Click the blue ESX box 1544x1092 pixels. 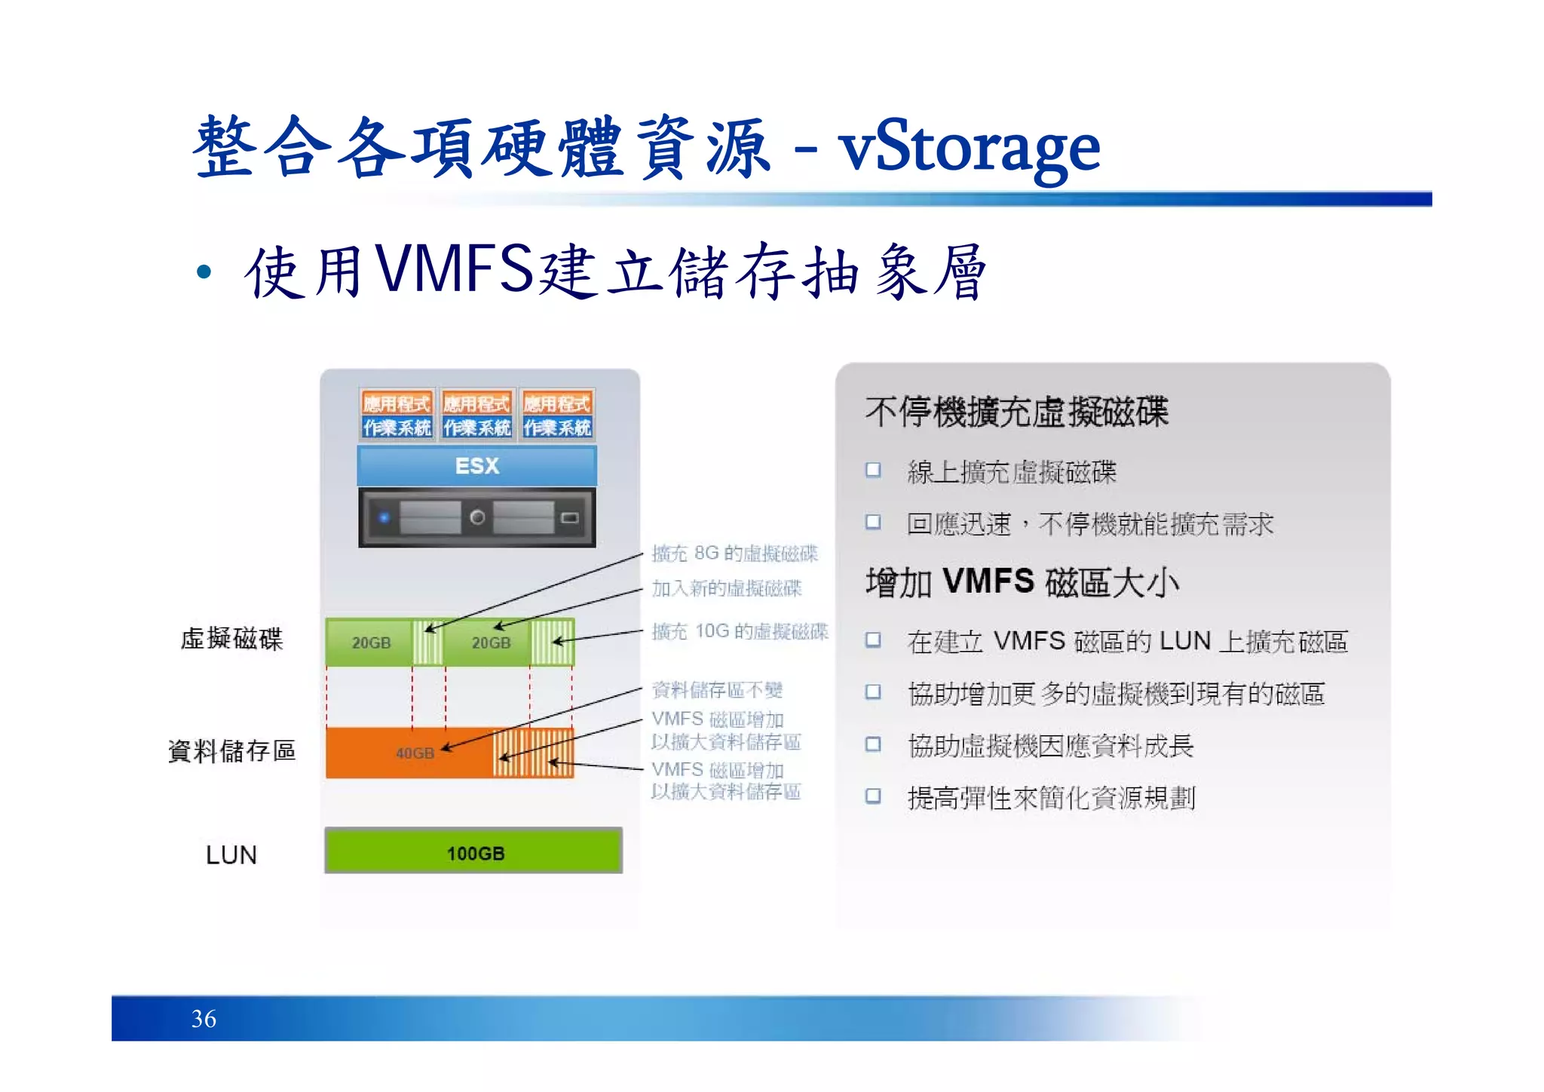pos(476,465)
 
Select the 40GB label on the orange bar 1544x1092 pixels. pos(415,753)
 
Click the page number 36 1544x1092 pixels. pos(204,1019)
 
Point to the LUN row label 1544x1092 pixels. pos(231,854)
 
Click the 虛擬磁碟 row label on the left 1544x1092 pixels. pos(231,639)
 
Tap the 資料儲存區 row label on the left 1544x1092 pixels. pos(231,751)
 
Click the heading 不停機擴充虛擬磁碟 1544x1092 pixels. pos(1016,412)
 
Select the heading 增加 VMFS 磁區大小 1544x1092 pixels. pos(1022,582)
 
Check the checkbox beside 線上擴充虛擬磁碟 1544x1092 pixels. pos(873,471)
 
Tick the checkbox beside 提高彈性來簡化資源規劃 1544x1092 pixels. pos(873,796)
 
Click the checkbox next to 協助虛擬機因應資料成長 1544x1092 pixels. pos(873,744)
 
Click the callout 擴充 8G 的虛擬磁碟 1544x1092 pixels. pos(734,554)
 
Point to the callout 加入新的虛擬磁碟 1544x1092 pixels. pos(727,588)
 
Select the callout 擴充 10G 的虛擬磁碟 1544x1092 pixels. pos(740,631)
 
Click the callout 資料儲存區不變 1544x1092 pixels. pos(717,689)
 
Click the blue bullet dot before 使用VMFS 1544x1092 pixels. pos(204,271)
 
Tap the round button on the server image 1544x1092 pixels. pos(476,517)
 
